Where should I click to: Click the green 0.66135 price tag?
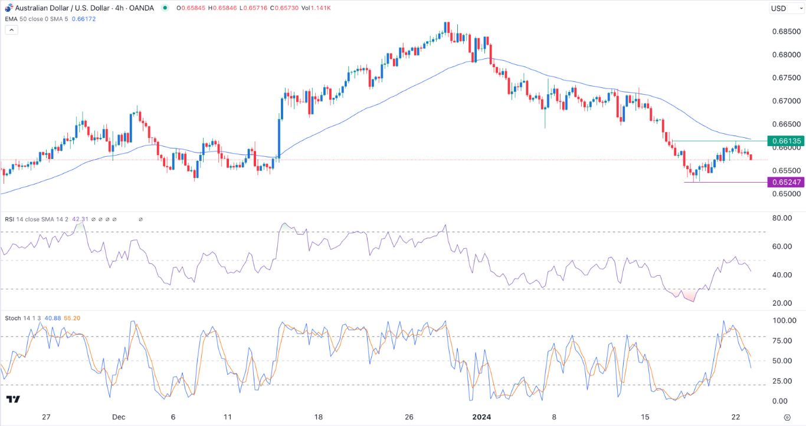click(785, 141)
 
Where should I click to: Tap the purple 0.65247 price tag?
click(785, 182)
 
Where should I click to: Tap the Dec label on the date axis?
click(119, 417)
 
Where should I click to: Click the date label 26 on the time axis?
click(409, 417)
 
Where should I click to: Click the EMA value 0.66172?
click(84, 19)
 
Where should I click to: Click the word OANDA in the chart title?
click(141, 8)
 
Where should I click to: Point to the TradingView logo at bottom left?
click(13, 399)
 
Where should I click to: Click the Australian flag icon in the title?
click(8, 8)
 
